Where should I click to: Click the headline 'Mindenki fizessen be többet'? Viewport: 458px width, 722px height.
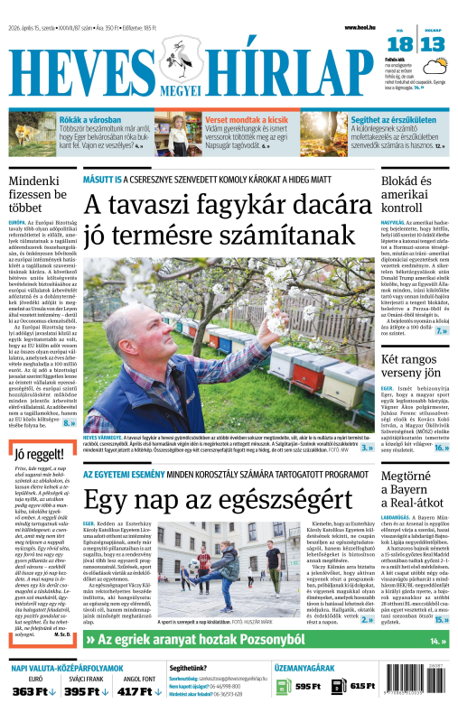click(38, 195)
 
